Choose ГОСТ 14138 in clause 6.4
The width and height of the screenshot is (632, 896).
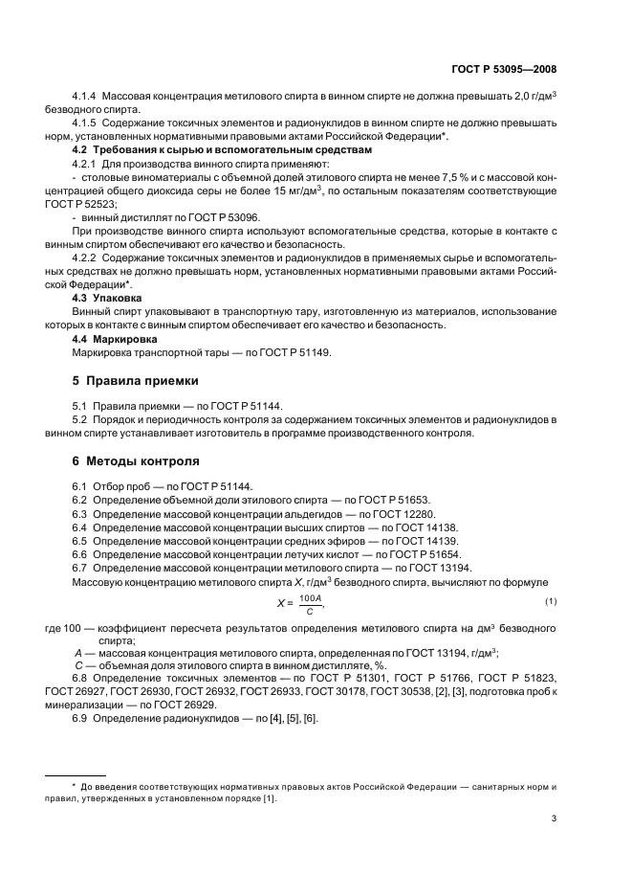click(x=425, y=526)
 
